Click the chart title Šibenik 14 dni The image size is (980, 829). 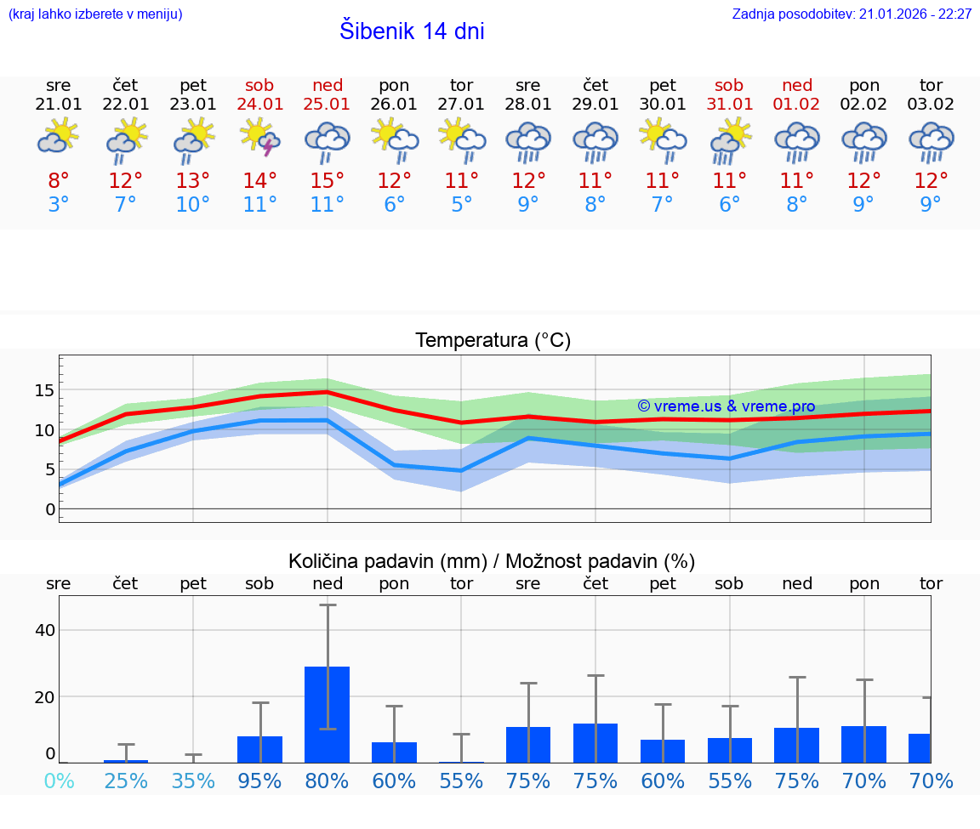(x=412, y=31)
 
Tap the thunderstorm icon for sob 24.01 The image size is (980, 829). (x=260, y=137)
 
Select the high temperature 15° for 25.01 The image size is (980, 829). (x=328, y=181)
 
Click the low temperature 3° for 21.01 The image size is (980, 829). (x=59, y=205)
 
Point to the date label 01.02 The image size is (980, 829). (x=797, y=105)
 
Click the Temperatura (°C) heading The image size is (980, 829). (x=493, y=341)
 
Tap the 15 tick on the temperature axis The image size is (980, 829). (x=44, y=390)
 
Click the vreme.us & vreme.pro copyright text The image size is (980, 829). (x=726, y=406)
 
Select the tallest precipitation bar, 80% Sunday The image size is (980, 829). (x=328, y=714)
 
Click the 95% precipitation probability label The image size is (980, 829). (x=260, y=781)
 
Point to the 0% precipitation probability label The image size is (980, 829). (x=59, y=781)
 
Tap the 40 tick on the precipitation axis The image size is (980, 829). (x=44, y=630)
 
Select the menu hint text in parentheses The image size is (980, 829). (x=95, y=14)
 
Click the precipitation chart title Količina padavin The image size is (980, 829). (x=492, y=561)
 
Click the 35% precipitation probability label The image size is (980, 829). (x=193, y=781)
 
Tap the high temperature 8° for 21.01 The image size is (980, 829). (x=59, y=181)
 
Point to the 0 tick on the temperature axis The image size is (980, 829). (x=50, y=509)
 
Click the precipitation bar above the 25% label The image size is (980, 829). (x=126, y=761)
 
